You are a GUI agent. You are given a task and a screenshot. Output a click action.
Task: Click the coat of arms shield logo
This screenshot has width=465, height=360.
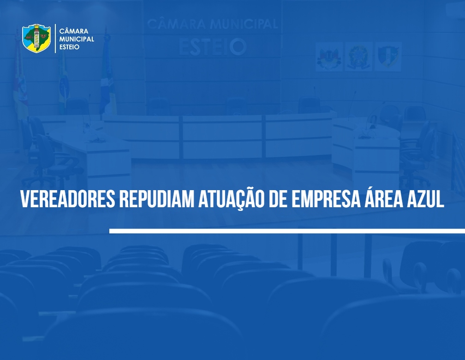pos(36,38)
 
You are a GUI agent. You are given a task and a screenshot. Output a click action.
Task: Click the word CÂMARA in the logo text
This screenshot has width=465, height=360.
pos(73,31)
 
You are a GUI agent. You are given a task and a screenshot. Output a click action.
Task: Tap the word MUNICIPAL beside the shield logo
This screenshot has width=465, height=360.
pos(77,39)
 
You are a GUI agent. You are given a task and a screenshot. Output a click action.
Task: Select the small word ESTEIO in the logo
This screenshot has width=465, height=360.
pos(69,47)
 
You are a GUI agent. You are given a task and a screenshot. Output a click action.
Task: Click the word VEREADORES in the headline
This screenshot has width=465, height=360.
pos(68,198)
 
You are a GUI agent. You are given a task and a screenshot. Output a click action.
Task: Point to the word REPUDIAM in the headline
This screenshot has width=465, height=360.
pos(156,198)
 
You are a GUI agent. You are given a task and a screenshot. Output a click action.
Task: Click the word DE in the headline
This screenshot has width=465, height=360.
pos(278,198)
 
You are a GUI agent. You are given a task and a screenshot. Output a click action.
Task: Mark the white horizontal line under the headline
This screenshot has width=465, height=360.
pos(287,231)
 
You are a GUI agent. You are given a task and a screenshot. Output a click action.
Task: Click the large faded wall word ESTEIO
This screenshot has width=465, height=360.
pos(213,47)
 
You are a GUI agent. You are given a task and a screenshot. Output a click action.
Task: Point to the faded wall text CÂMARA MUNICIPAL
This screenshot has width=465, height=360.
pos(213,24)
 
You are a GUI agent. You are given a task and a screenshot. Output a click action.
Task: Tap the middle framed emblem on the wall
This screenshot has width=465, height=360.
pos(358,56)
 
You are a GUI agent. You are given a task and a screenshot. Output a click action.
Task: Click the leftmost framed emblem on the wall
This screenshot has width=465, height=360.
pos(329,56)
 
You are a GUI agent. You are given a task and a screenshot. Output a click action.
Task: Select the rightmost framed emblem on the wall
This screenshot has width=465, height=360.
pos(388,56)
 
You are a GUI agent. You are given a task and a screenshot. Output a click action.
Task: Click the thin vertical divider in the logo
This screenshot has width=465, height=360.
pos(55,39)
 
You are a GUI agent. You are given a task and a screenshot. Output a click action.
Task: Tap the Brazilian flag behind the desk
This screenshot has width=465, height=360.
pos(63,80)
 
